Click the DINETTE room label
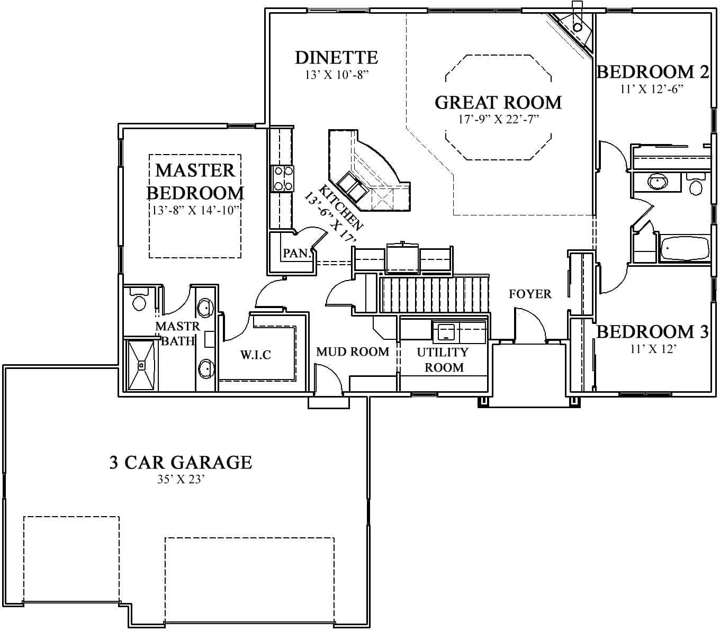[x=336, y=57]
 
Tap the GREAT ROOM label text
[x=498, y=102]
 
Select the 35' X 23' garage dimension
[x=181, y=480]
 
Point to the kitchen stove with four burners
[x=282, y=178]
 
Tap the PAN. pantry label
[x=295, y=253]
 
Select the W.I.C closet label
[x=256, y=355]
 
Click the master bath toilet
[x=139, y=301]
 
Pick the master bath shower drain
[x=141, y=365]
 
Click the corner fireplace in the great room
[x=576, y=28]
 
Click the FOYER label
[x=530, y=294]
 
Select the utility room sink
[x=446, y=332]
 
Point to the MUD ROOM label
[x=353, y=351]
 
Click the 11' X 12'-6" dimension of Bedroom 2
[x=652, y=89]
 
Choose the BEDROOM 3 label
[x=652, y=332]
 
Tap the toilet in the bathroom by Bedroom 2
[x=695, y=186]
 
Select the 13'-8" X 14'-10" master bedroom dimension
[x=195, y=210]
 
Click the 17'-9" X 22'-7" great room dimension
[x=498, y=119]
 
